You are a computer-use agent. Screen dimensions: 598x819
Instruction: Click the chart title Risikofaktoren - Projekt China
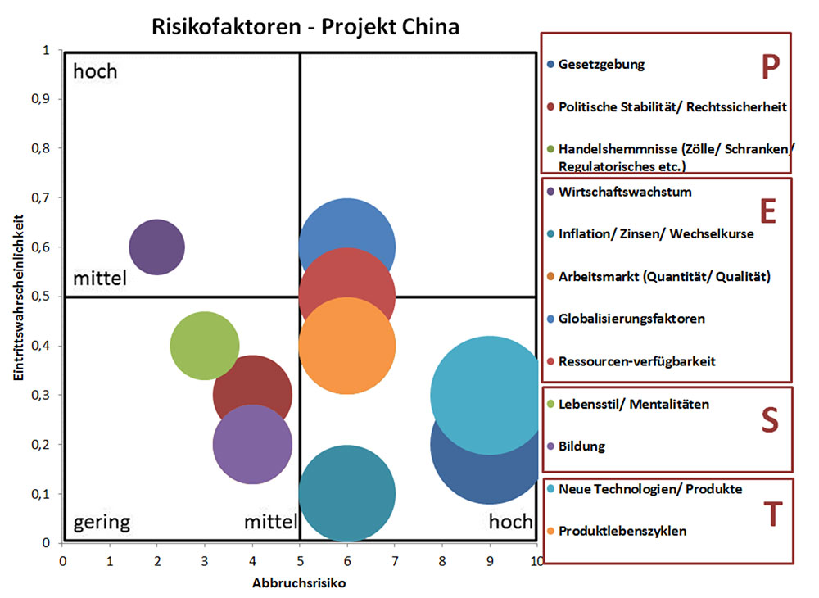[305, 26]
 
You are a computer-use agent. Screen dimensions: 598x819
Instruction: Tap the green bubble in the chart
[205, 346]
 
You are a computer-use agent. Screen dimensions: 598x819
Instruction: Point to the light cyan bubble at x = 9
[489, 394]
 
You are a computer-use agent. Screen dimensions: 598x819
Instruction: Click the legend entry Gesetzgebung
[601, 64]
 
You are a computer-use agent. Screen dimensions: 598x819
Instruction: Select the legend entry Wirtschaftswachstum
[625, 193]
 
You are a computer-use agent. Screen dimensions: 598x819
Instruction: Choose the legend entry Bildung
[581, 446]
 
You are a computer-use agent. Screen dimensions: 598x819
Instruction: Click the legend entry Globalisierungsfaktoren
[631, 319]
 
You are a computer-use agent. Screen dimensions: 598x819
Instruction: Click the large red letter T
[771, 515]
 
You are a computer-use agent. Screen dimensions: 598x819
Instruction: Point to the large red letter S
[769, 420]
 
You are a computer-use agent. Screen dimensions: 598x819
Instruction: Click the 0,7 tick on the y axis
[41, 198]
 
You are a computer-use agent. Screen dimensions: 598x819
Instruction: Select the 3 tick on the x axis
[205, 560]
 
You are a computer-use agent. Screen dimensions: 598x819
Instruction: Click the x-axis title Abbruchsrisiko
[299, 584]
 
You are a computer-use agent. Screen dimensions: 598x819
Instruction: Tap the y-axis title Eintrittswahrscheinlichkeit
[18, 296]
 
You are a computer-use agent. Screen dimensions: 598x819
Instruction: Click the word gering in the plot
[102, 522]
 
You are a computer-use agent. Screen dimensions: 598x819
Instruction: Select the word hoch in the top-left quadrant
[95, 71]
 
